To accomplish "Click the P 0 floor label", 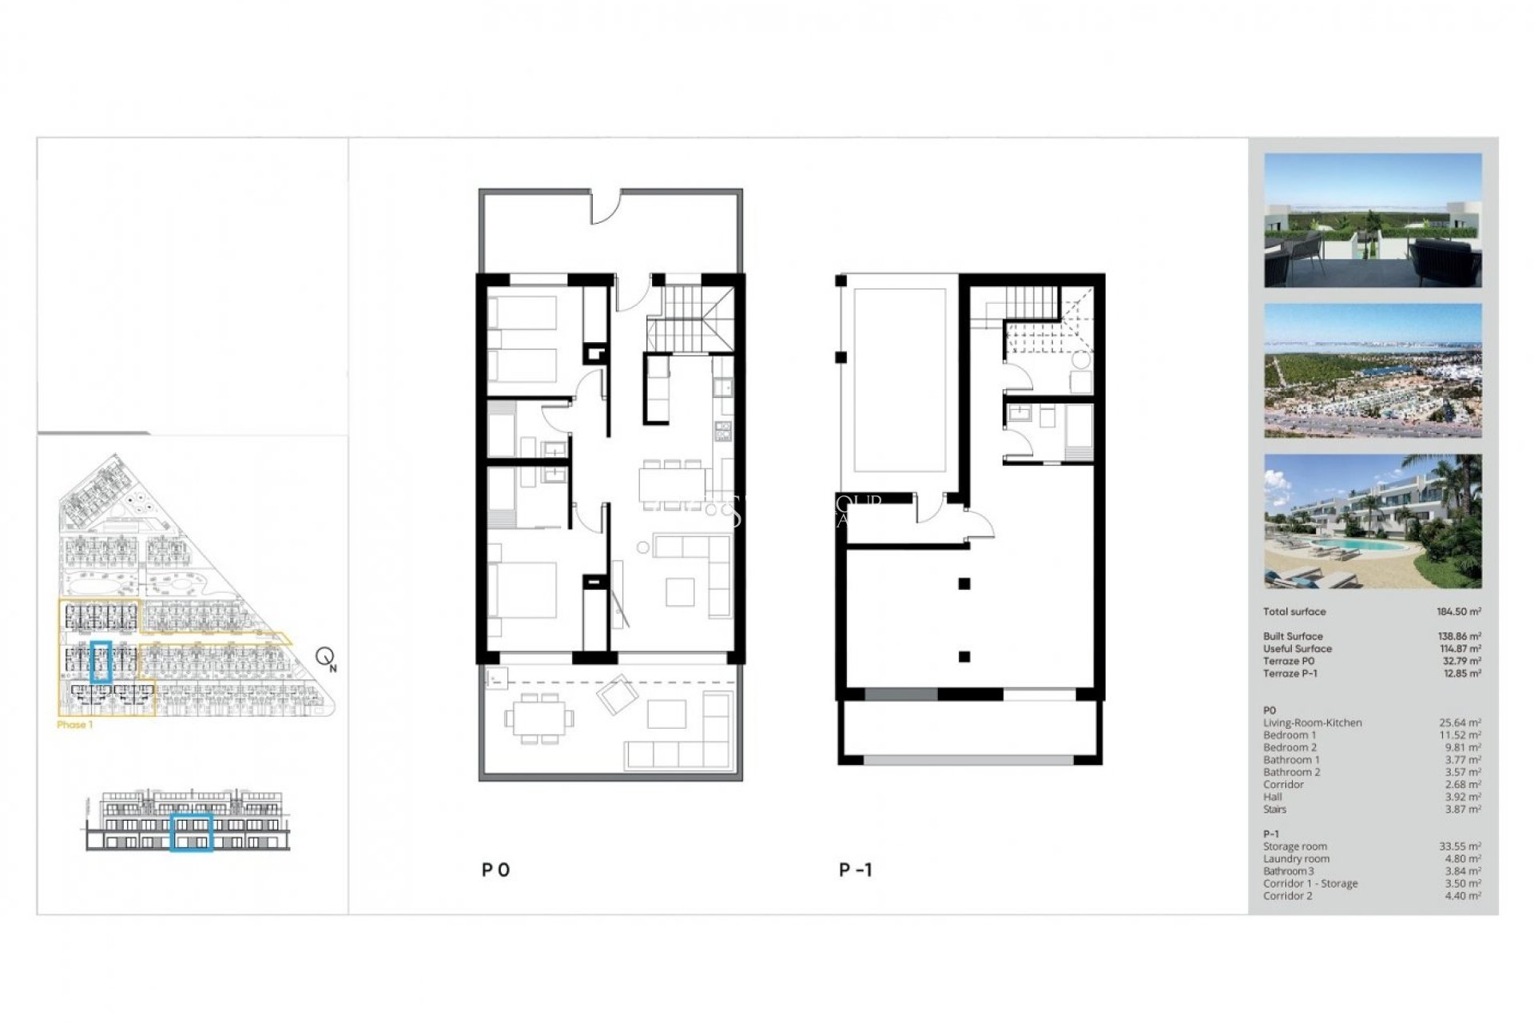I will pyautogui.click(x=495, y=870).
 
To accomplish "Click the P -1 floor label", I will pyautogui.click(x=856, y=870).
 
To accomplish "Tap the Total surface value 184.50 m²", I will pyautogui.click(x=1458, y=611).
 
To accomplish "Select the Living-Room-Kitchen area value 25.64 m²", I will pyautogui.click(x=1460, y=722).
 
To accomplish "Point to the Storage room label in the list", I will pyautogui.click(x=1294, y=846).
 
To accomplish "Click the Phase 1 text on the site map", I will pyautogui.click(x=75, y=725).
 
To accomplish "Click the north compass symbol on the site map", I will pyautogui.click(x=325, y=658).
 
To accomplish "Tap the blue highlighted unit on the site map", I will pyautogui.click(x=101, y=662).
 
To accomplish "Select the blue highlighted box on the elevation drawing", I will pyautogui.click(x=191, y=833).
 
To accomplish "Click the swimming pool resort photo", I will pyautogui.click(x=1372, y=521).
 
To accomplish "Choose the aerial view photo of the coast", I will pyautogui.click(x=1372, y=370).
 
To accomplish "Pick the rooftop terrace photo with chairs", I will pyautogui.click(x=1372, y=220).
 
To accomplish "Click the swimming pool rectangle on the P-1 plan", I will pyautogui.click(x=900, y=380).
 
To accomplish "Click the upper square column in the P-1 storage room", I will pyautogui.click(x=964, y=583).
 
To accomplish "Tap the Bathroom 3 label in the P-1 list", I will pyautogui.click(x=1288, y=871).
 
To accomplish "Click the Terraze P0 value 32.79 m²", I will pyautogui.click(x=1460, y=661).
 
